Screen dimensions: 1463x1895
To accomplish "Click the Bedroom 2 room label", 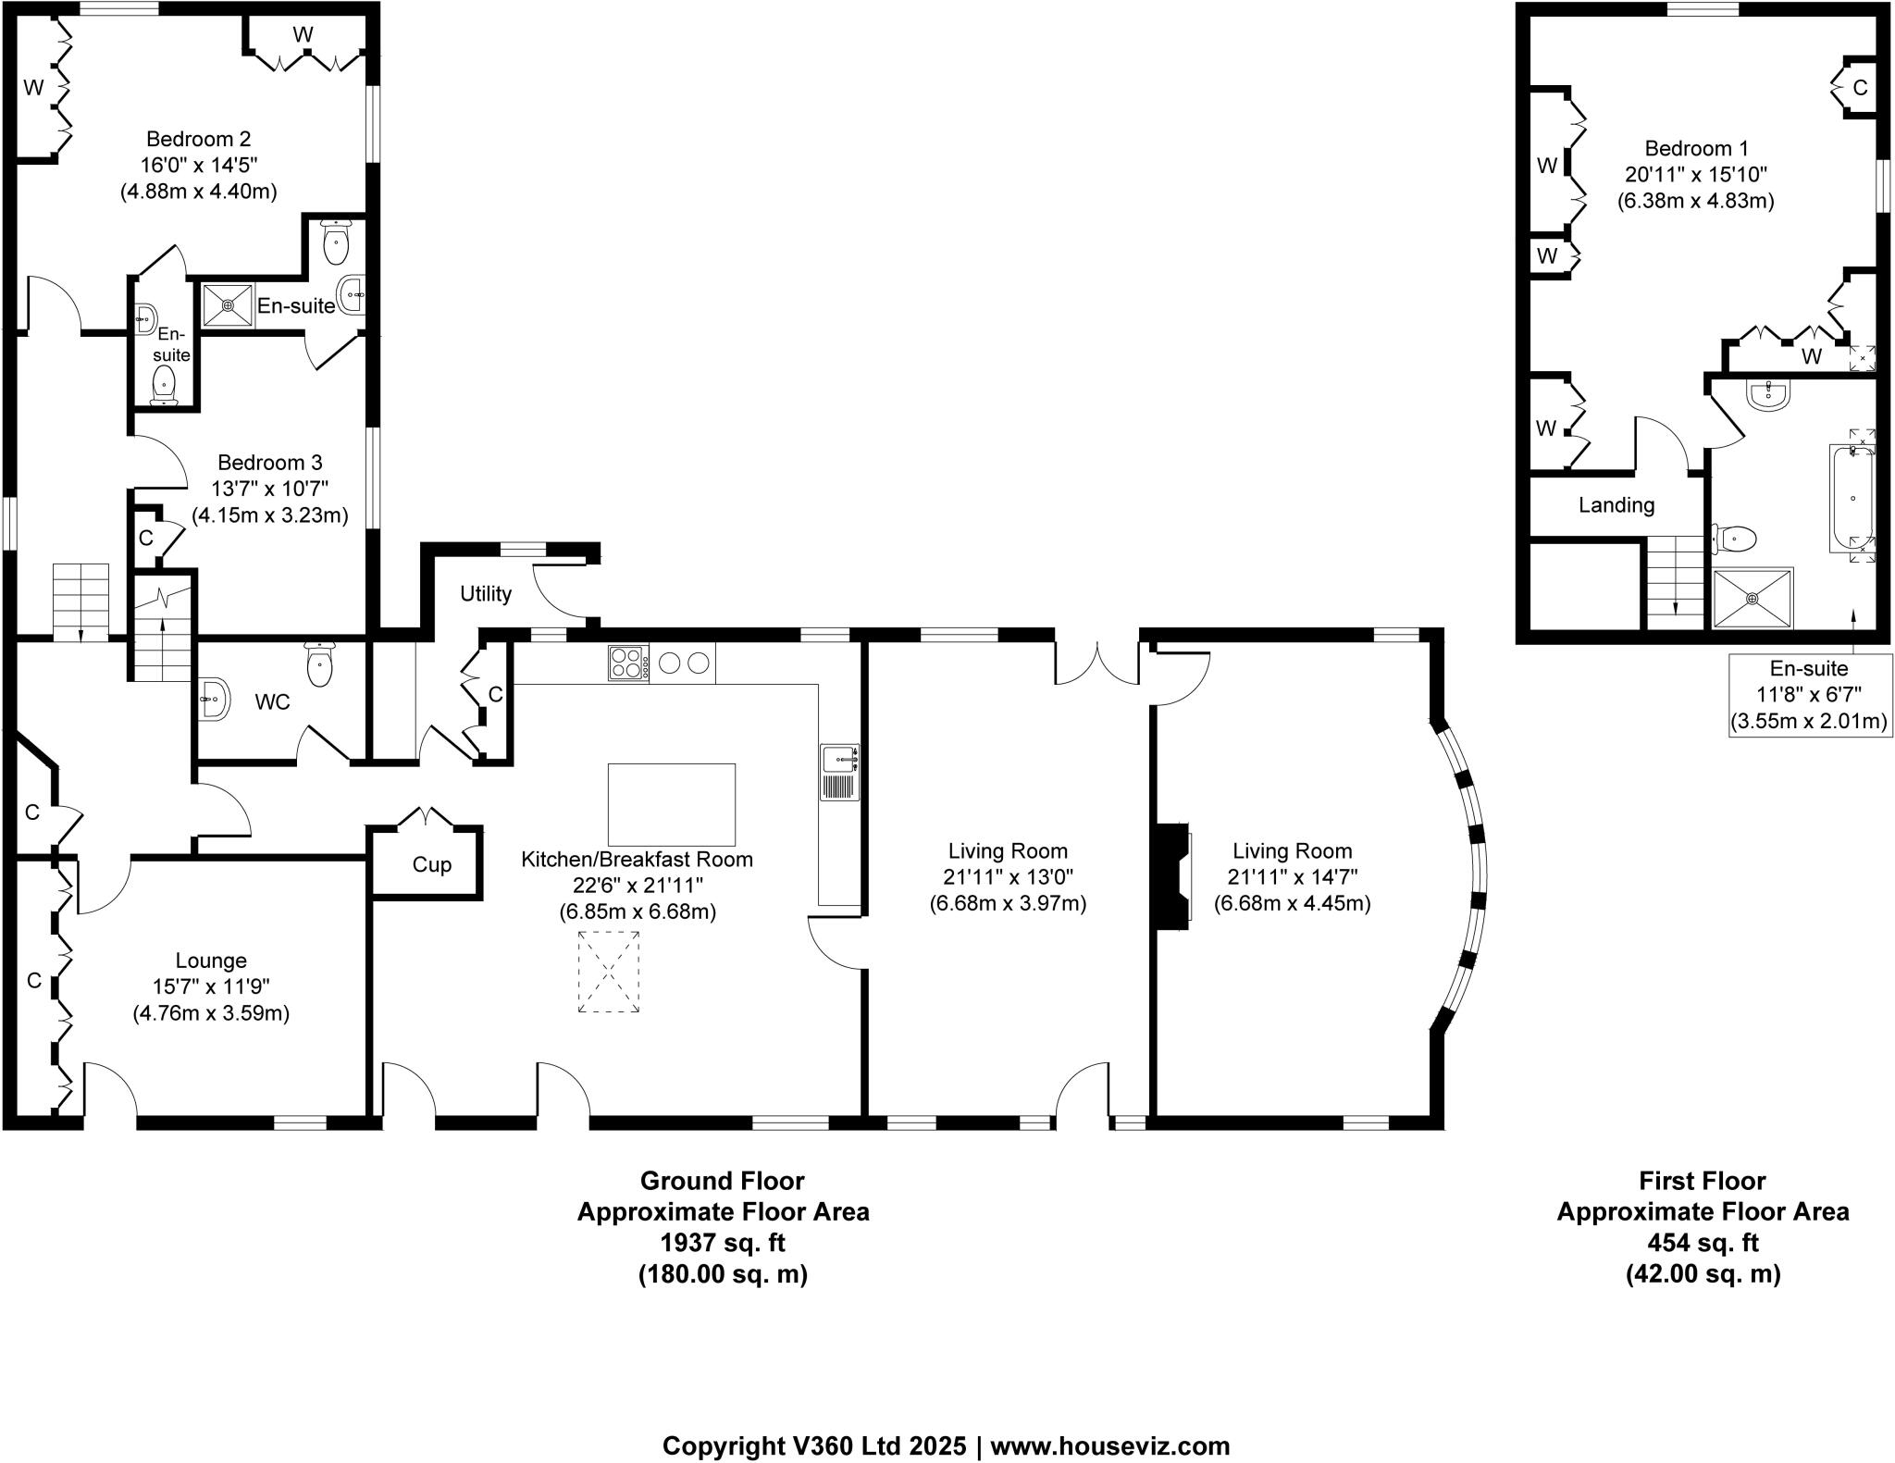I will pyautogui.click(x=198, y=139).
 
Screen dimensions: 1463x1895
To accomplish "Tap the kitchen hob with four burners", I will pyautogui.click(x=628, y=663).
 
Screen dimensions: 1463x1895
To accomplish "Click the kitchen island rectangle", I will pyautogui.click(x=671, y=804).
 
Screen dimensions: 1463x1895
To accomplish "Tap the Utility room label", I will pyautogui.click(x=486, y=594).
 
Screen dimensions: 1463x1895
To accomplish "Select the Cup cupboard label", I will pyautogui.click(x=431, y=864).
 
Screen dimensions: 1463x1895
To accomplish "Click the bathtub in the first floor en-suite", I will pyautogui.click(x=1852, y=498).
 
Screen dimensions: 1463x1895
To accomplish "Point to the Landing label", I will pyautogui.click(x=1616, y=505).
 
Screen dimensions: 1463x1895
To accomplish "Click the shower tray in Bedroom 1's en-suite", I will pyautogui.click(x=1752, y=598).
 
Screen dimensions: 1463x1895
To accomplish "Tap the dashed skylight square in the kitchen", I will pyautogui.click(x=609, y=972).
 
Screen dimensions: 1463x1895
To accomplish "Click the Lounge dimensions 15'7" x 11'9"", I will pyautogui.click(x=211, y=986).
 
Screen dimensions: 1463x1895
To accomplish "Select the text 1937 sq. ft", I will pyautogui.click(x=723, y=1242).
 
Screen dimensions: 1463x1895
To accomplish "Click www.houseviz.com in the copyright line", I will pyautogui.click(x=1110, y=1445).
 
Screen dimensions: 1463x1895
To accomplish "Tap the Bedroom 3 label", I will pyautogui.click(x=269, y=462).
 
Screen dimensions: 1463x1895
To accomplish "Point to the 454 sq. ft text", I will pyautogui.click(x=1703, y=1242).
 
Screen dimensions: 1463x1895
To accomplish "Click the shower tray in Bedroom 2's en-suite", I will pyautogui.click(x=228, y=304).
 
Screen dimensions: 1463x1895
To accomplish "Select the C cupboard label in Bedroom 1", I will pyautogui.click(x=1860, y=88).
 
